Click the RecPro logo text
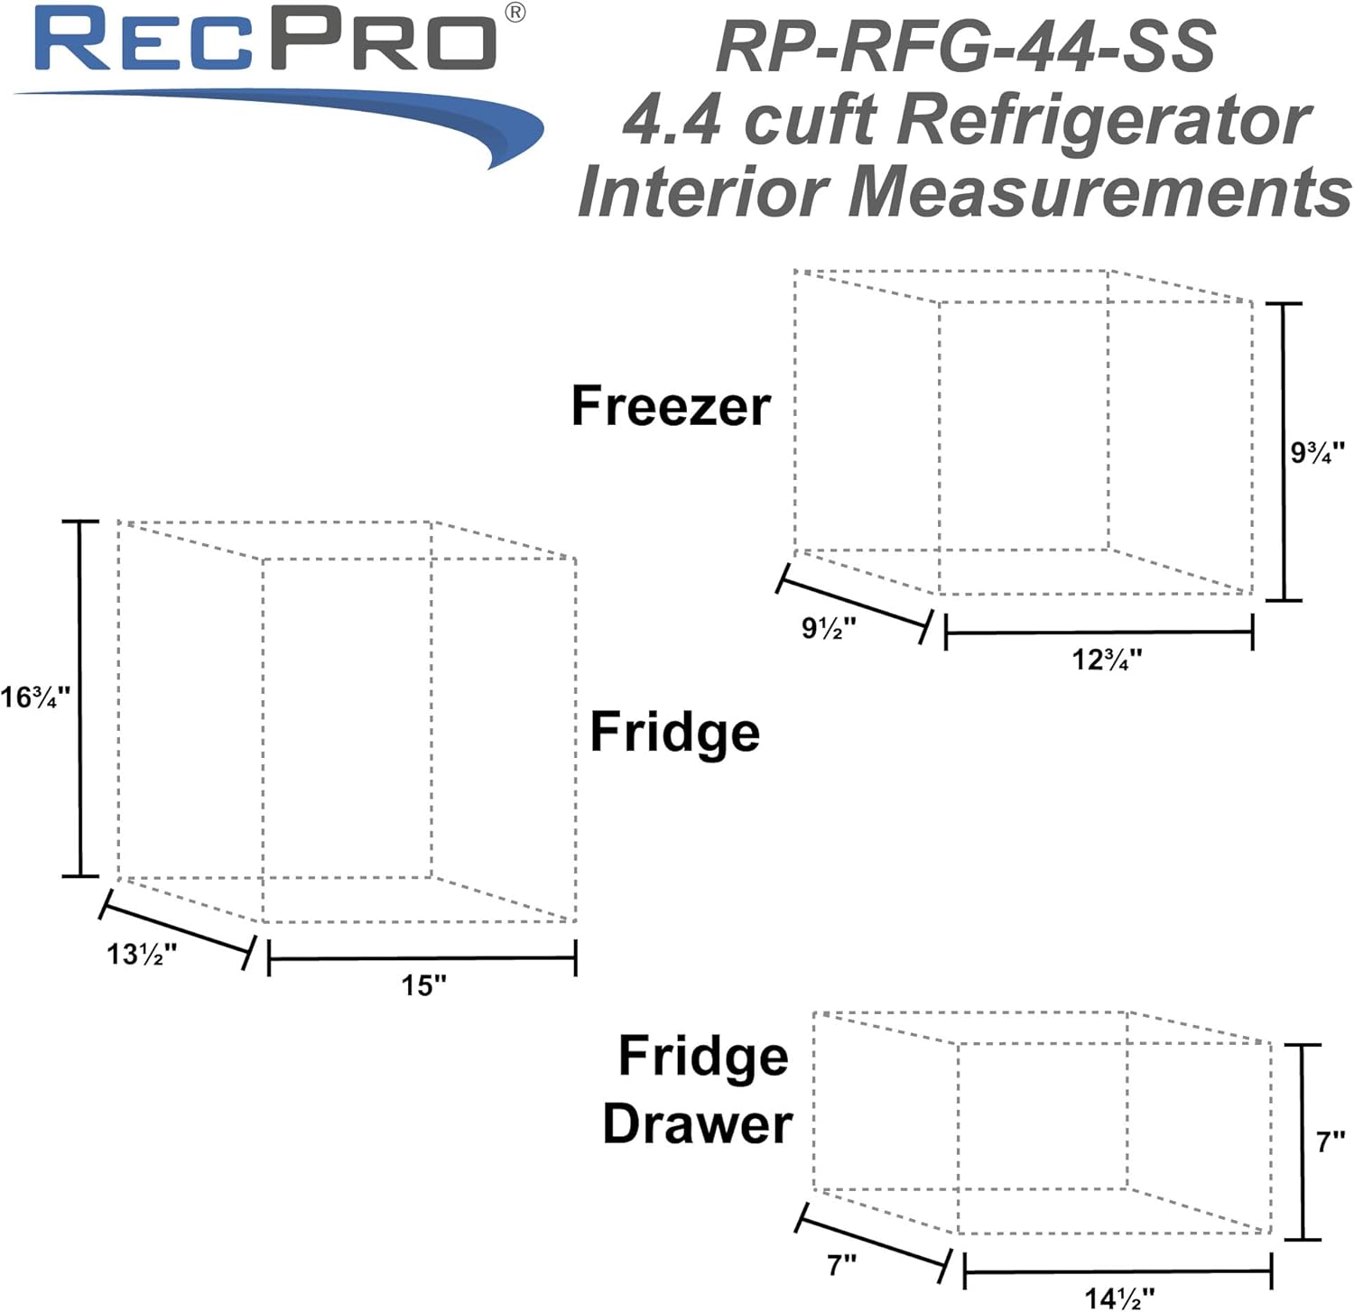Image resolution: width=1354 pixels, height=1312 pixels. pyautogui.click(x=266, y=41)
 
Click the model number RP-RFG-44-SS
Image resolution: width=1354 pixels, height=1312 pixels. pyautogui.click(x=965, y=47)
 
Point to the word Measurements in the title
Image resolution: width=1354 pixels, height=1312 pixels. pyautogui.click(x=1099, y=191)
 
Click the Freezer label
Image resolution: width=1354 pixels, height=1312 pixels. pyautogui.click(x=671, y=406)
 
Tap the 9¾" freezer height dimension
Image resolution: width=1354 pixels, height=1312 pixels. pyautogui.click(x=1317, y=452)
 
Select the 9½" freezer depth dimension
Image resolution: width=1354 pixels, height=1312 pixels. pyautogui.click(x=829, y=628)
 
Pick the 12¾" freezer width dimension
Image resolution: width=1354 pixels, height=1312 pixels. pyautogui.click(x=1107, y=660)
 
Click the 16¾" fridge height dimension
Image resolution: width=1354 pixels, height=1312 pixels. pyautogui.click(x=35, y=698)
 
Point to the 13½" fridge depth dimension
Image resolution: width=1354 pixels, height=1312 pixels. pyautogui.click(x=142, y=954)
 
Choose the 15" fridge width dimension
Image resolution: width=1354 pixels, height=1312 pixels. pyautogui.click(x=423, y=984)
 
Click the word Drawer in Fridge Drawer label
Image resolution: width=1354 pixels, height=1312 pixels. pyautogui.click(x=697, y=1124)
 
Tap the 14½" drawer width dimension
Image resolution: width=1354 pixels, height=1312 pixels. pyautogui.click(x=1118, y=1298)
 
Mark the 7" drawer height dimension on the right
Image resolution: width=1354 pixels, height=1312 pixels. pyautogui.click(x=1330, y=1142)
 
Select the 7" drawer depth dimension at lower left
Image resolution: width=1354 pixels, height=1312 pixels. pyautogui.click(x=841, y=1265)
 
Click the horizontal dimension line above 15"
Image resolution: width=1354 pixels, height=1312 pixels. pyautogui.click(x=422, y=957)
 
